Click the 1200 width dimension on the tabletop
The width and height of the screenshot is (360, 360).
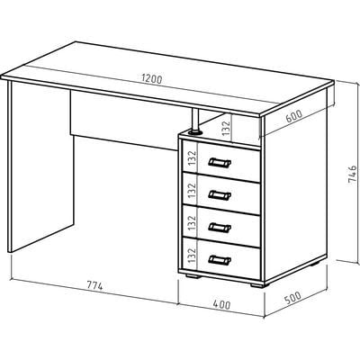coord(152,79)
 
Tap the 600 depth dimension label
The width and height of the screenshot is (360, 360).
coord(293,116)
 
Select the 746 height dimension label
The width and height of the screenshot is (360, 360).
coord(352,174)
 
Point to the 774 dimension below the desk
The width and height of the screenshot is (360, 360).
coord(94,285)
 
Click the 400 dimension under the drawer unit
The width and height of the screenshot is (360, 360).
coord(222,304)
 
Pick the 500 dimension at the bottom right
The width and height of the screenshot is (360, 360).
coord(292,298)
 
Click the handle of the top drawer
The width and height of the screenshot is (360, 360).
coord(220,163)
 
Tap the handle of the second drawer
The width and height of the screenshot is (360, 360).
coord(220,195)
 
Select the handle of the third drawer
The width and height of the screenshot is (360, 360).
coord(220,228)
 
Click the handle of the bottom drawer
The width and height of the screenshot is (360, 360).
coord(220,259)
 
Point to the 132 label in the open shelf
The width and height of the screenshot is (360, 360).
coord(226,128)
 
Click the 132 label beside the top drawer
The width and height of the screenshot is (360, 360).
coord(192,158)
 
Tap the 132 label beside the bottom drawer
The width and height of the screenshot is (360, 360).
coord(192,256)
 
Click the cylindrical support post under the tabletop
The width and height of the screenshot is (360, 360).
coord(195,121)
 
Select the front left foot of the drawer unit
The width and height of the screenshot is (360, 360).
coord(193,275)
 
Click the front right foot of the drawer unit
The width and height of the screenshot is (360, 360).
coord(257,285)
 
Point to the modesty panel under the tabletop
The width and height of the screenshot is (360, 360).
coord(123,120)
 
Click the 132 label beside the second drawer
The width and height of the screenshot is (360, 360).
coord(192,190)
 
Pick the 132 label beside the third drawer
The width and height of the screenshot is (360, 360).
coord(192,223)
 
